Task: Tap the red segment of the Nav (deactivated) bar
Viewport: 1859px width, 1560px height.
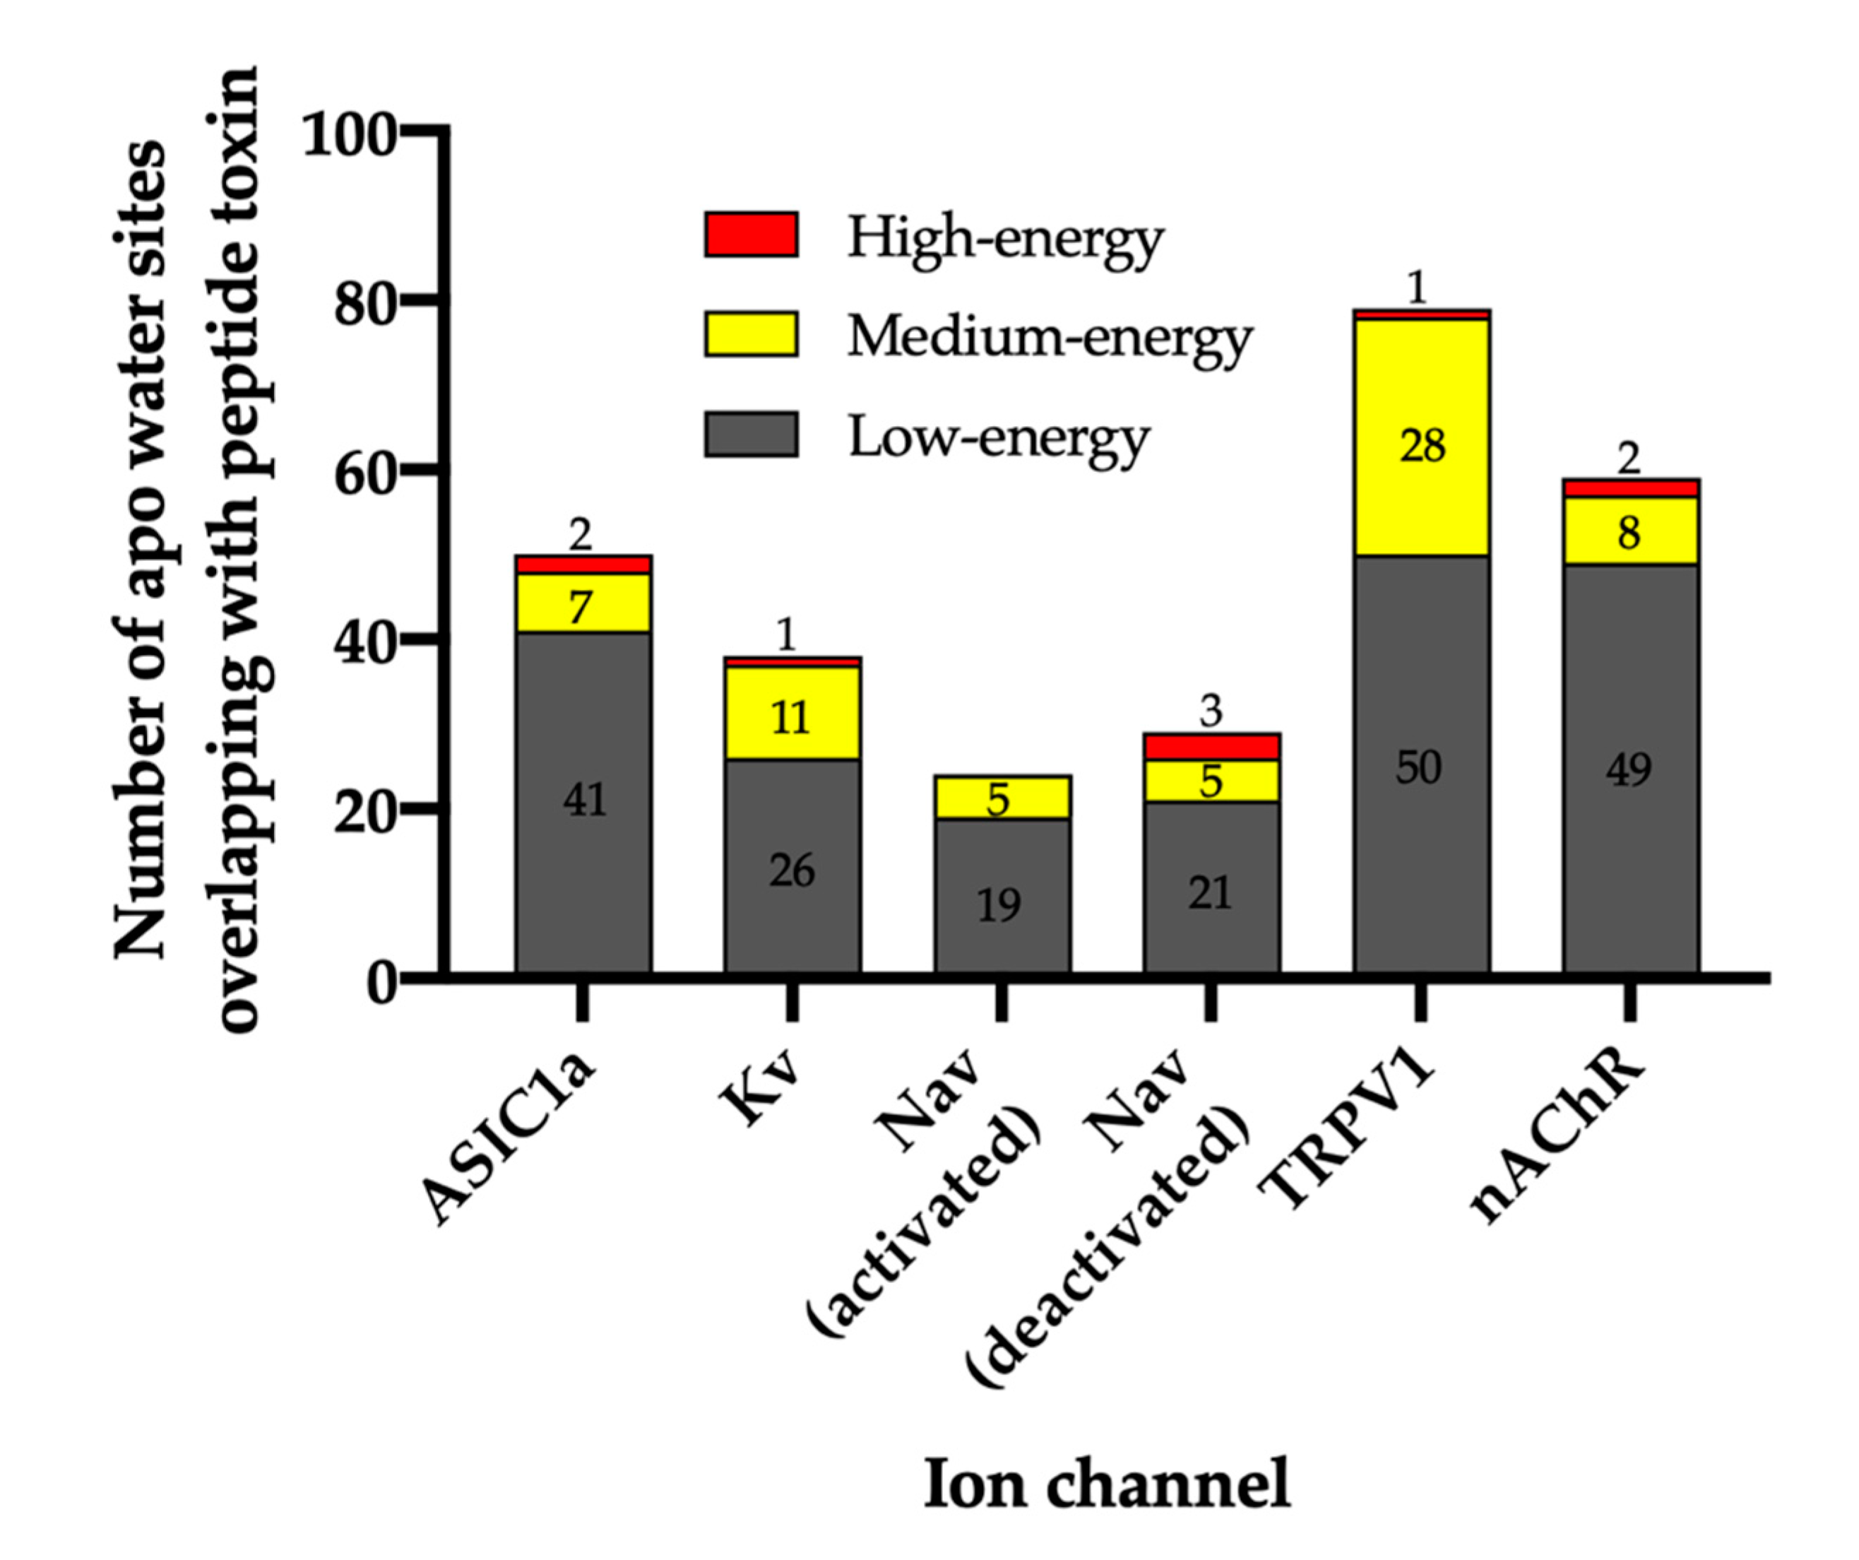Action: coord(1211,746)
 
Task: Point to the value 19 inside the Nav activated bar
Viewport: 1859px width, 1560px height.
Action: coord(999,905)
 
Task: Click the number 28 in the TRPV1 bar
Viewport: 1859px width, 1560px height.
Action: coord(1422,445)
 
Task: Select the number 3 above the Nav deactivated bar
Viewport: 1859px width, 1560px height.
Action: coord(1211,710)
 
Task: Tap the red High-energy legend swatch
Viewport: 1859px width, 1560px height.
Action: coord(751,235)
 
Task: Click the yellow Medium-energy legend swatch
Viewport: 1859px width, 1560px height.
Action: coord(751,333)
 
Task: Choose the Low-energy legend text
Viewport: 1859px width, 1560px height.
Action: coord(998,437)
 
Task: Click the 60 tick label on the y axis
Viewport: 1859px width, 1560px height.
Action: coord(363,473)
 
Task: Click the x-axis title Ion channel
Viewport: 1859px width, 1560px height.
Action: coord(1107,1484)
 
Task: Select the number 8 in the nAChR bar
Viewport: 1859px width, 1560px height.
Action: coord(1628,532)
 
